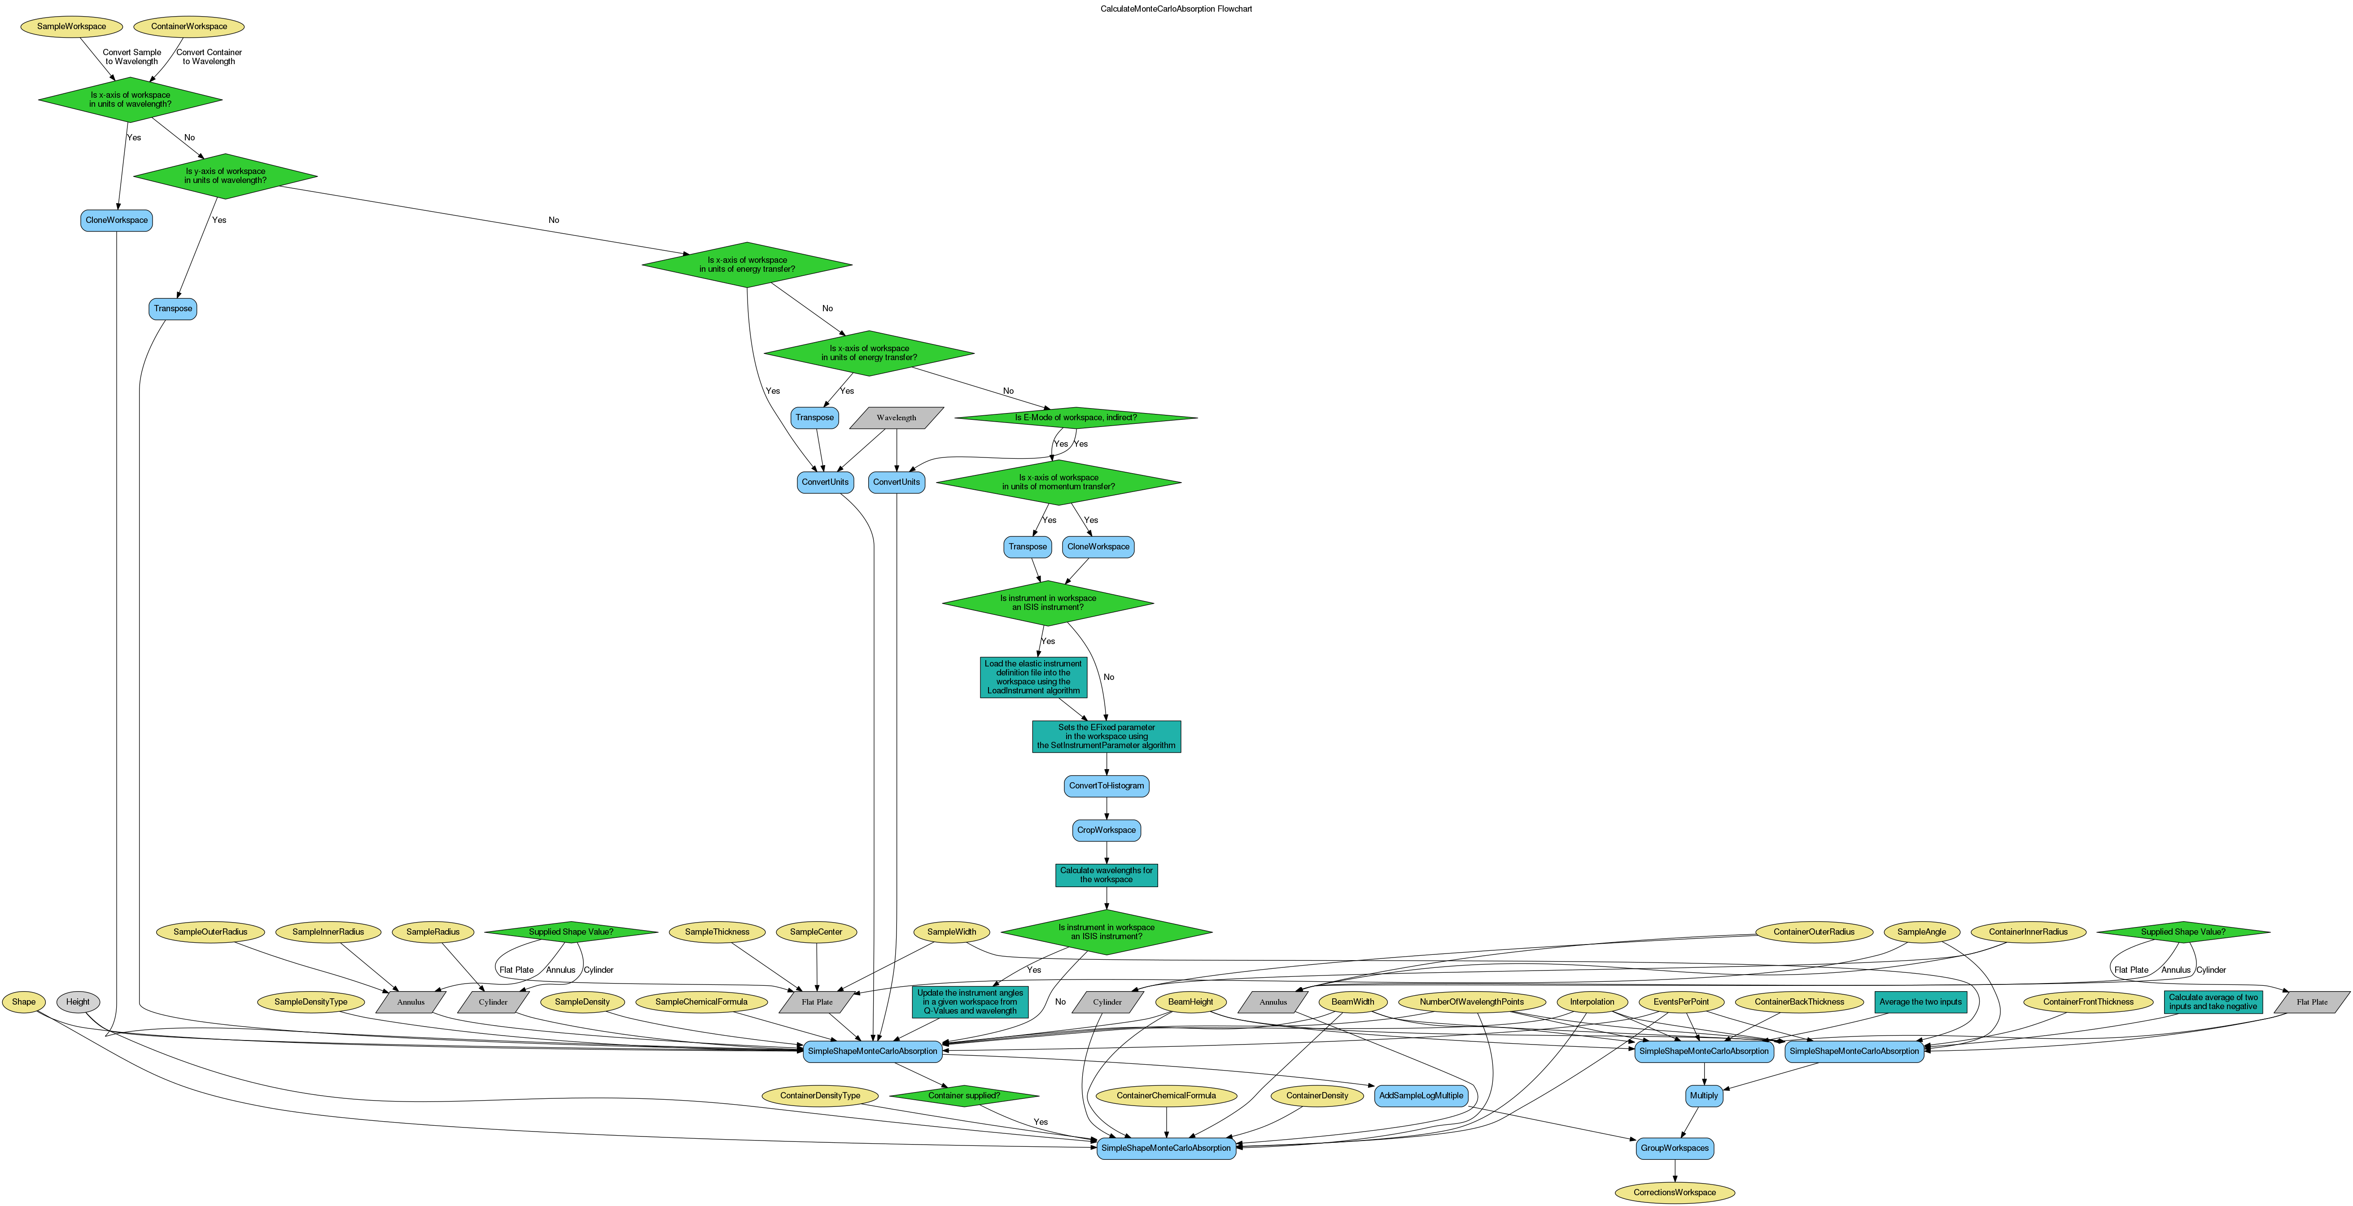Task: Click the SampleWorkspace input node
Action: point(71,26)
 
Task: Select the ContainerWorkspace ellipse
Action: point(189,26)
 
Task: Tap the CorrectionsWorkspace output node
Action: point(1674,1192)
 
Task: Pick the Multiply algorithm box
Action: point(1704,1096)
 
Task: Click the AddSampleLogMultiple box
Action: point(1421,1096)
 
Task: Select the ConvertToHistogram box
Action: point(1106,786)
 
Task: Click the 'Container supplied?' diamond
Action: point(964,1096)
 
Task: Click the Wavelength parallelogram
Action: point(896,418)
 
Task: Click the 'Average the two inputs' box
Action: point(1920,1002)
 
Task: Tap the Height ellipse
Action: point(78,1002)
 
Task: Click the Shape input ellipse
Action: point(24,1002)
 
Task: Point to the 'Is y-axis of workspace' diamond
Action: point(226,175)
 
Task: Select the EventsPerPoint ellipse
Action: point(1681,1002)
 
